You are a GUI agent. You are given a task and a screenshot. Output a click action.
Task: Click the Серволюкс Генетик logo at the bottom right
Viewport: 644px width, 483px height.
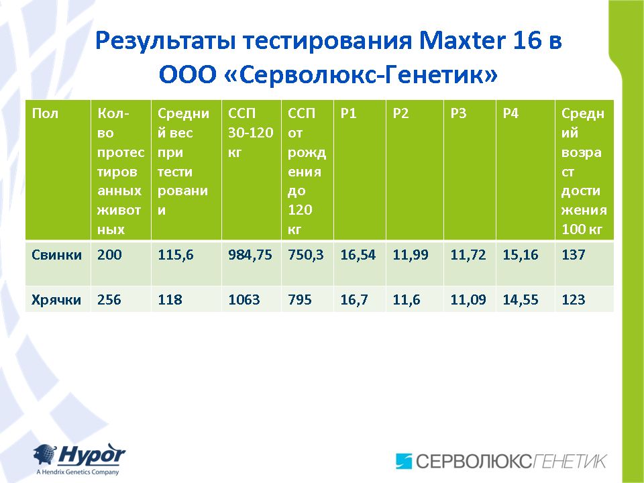pos(501,461)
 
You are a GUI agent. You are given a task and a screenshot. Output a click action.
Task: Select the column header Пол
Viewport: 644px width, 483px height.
pos(45,113)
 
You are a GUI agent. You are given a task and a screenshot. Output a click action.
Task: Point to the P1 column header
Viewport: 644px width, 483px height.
pos(348,113)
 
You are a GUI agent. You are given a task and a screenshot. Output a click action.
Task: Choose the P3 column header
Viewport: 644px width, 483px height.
pos(458,113)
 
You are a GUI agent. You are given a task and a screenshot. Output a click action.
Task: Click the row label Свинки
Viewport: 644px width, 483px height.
pos(56,255)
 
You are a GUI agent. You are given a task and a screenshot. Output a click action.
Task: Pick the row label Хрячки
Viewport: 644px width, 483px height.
pos(56,300)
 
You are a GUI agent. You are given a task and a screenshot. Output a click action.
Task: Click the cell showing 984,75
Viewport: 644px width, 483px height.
pos(250,255)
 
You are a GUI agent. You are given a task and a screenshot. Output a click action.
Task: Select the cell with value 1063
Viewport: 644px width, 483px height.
pos(244,300)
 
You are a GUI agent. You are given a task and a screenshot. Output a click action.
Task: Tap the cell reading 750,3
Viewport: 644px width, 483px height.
pos(306,255)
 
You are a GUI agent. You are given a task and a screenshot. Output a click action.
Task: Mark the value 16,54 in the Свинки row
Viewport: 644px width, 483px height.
pos(358,255)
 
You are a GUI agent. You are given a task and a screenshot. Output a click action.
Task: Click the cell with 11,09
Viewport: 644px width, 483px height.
pos(468,300)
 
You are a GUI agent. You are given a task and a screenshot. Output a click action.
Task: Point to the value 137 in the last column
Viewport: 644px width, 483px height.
pos(574,255)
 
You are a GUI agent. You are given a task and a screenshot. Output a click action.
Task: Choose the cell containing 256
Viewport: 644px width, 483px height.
pos(109,300)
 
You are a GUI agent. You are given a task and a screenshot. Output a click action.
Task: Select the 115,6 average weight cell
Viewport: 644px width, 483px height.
pos(176,255)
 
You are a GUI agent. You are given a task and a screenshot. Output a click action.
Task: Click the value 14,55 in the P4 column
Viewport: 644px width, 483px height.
pos(521,300)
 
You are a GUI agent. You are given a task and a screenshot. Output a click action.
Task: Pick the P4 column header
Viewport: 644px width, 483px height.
pos(511,113)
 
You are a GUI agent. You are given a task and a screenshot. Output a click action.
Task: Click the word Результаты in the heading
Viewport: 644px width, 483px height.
pos(165,42)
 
